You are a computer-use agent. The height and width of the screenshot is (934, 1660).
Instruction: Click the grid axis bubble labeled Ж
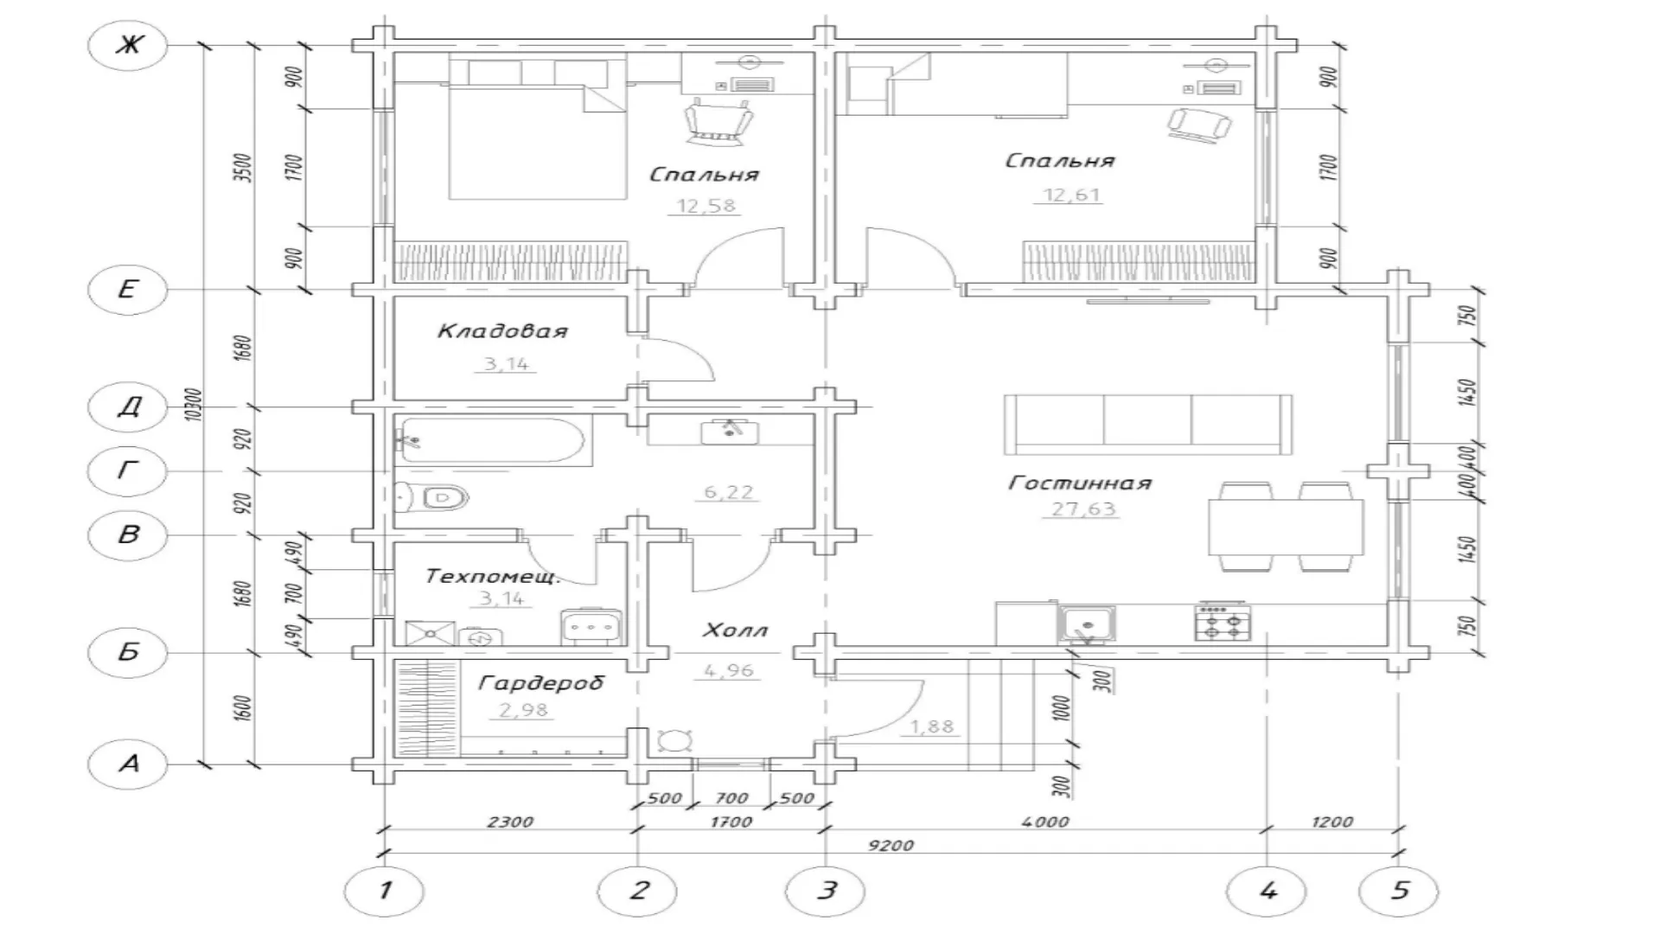coord(128,44)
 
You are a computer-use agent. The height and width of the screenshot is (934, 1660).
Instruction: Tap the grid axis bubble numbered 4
coord(1267,890)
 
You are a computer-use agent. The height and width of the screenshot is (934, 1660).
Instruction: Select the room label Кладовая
coord(502,331)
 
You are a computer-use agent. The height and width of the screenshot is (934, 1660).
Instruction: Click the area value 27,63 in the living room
coord(1083,509)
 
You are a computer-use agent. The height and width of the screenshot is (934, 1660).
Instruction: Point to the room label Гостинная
coord(1080,483)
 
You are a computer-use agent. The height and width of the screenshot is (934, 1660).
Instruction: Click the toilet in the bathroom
coord(433,497)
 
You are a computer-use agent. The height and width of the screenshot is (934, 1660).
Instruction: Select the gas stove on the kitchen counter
coord(1223,622)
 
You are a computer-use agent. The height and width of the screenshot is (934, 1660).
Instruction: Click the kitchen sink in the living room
coord(1087,623)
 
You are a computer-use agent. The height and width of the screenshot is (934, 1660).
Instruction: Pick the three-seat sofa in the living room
coord(1148,424)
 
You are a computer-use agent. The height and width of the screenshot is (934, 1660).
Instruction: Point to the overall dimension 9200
coord(891,845)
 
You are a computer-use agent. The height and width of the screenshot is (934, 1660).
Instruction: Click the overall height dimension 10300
coord(194,404)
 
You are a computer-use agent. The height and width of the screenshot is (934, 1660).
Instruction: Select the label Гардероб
coord(540,684)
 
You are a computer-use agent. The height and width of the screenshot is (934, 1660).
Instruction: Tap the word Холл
coord(734,630)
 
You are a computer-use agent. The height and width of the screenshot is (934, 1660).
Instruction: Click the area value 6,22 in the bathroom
coord(729,492)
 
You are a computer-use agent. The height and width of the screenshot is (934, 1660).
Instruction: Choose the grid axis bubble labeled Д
coord(128,406)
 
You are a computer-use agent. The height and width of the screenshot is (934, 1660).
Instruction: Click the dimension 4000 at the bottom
coord(1045,822)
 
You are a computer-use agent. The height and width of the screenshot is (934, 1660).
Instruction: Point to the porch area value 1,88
coord(932,726)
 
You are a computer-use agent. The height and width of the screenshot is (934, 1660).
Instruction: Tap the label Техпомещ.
coord(494,576)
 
